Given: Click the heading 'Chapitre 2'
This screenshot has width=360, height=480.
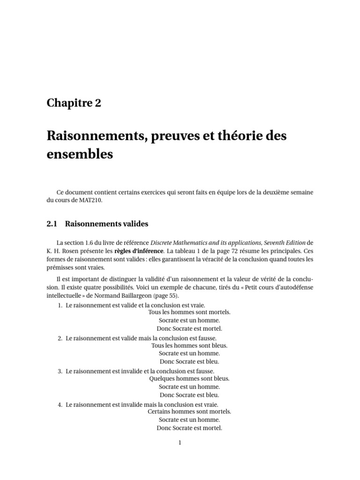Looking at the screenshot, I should coord(74,104).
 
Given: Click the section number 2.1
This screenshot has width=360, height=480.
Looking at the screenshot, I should coord(52,224).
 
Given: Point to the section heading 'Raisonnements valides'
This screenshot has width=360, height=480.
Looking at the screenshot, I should coord(106,224).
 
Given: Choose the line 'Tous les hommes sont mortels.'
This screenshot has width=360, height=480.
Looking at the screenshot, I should coord(189,312).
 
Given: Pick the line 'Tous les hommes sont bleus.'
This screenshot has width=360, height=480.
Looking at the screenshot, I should coord(189,345).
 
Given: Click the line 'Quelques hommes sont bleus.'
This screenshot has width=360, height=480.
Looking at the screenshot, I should coord(189,378).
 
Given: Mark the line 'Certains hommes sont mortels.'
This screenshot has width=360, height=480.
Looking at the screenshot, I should coord(189,412).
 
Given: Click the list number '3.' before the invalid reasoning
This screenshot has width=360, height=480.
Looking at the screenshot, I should coord(60,371).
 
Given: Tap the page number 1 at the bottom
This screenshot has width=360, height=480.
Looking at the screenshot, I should coord(180,442).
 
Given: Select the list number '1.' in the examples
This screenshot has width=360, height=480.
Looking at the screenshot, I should coord(60,305).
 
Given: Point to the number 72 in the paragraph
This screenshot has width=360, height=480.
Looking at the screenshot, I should coord(247,251).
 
